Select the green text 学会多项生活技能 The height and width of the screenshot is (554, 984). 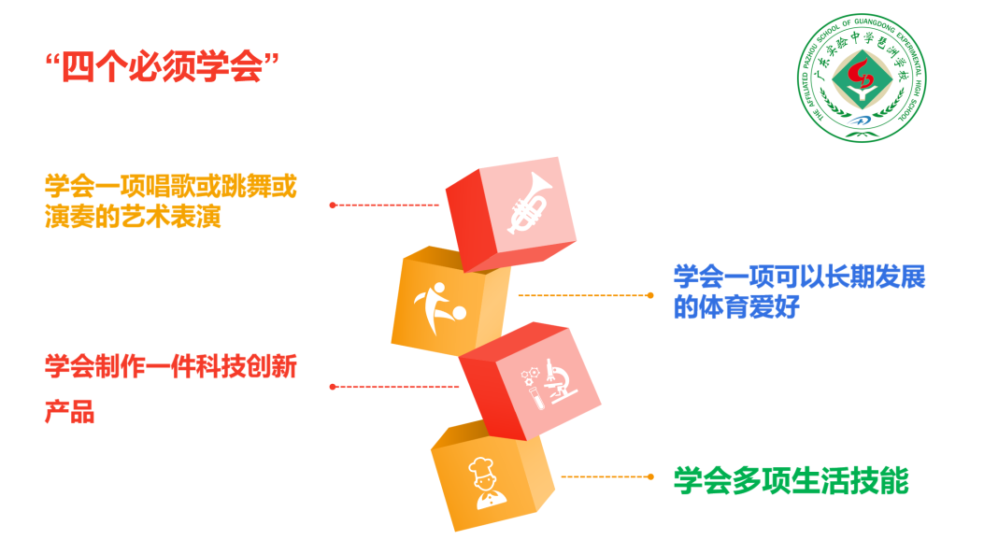point(791,480)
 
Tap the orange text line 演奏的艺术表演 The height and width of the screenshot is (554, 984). point(133,217)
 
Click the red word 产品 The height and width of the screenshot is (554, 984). point(70,412)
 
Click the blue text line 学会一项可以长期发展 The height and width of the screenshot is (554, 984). point(799,277)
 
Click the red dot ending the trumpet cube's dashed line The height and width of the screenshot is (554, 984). point(332,204)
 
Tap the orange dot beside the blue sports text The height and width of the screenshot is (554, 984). point(650,295)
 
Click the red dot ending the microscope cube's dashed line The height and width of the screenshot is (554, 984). point(332,386)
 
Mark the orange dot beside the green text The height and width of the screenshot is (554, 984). point(650,476)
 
